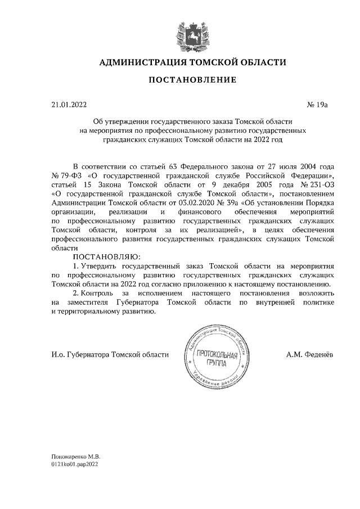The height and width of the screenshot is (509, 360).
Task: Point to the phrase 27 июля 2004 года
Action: tap(297, 167)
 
